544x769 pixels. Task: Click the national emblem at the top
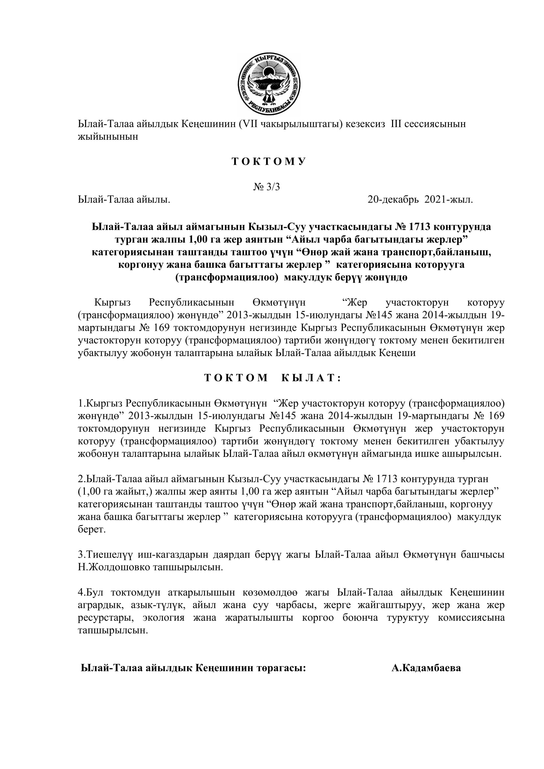point(269,84)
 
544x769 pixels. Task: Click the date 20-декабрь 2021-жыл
point(420,200)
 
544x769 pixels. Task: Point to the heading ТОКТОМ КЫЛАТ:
point(273,378)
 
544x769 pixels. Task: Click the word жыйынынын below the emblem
point(108,137)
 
